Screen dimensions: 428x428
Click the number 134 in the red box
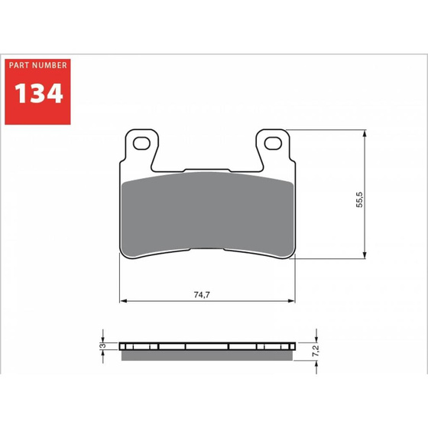[37, 92]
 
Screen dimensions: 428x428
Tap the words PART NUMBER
[37, 66]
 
